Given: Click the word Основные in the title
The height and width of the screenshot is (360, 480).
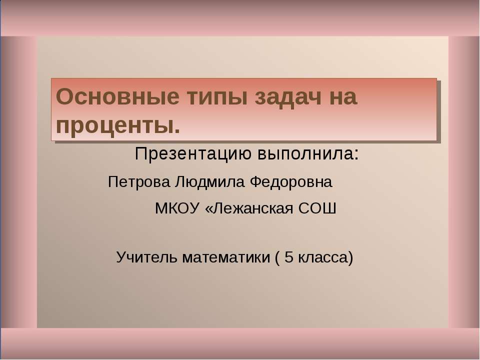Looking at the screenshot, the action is point(117,96).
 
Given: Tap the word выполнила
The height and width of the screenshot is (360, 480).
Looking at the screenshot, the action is point(305,153).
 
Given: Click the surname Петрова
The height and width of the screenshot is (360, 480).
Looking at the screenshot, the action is point(139,182).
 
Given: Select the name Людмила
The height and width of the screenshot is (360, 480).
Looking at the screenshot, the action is point(209,182).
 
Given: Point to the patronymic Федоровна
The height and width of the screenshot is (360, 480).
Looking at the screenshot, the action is point(291,182).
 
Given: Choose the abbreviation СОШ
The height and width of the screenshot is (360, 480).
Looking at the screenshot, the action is point(317,208).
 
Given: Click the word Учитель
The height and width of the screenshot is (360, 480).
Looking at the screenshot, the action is point(146,257).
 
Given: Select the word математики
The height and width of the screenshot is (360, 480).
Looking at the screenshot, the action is point(226,258).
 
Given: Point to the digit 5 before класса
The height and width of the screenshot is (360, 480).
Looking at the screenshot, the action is point(289,257).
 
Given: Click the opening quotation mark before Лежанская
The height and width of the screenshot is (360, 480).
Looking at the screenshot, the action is point(208,209).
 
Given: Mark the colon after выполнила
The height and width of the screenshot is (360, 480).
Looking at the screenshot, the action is point(356,155).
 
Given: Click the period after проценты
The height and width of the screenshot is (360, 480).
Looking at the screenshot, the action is point(177,132).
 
